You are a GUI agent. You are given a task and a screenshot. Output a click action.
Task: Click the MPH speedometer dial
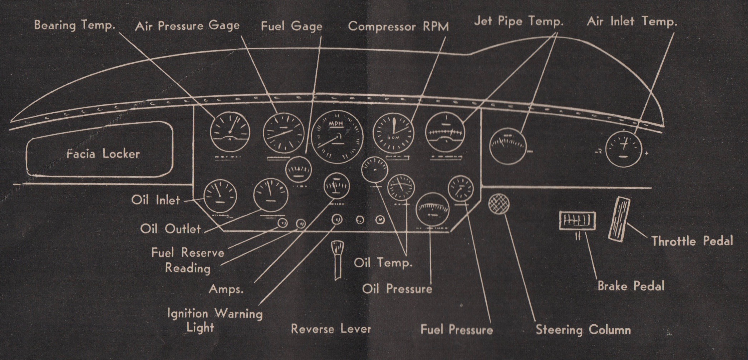click(x=337, y=137)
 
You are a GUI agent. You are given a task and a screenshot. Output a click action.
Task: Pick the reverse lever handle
click(x=337, y=259)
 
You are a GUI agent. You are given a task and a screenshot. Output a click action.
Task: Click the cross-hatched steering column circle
click(x=499, y=204)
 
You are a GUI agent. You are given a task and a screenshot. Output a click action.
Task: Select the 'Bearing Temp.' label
click(x=75, y=25)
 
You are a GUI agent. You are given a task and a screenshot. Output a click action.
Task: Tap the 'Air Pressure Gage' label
click(x=187, y=26)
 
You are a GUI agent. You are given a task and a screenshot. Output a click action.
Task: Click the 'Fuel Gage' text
click(x=291, y=26)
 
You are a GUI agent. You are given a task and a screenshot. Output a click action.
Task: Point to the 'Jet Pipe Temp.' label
click(x=518, y=21)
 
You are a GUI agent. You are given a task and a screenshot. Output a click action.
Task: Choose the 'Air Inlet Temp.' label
click(x=632, y=21)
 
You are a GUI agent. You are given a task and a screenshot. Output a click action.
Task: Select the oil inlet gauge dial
click(x=220, y=196)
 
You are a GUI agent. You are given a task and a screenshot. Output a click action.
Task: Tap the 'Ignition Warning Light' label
click(x=215, y=320)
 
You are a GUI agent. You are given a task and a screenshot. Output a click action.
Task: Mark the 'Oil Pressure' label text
click(x=397, y=289)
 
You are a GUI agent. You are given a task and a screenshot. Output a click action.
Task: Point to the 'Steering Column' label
click(x=583, y=330)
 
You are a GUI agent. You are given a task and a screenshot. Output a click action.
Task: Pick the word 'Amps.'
click(x=226, y=289)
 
